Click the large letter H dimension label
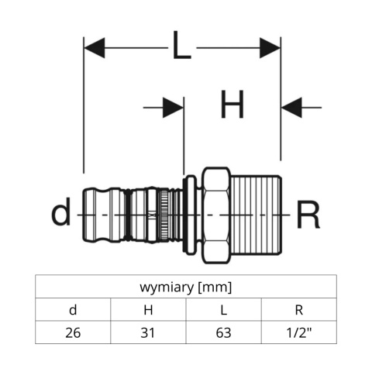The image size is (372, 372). (x=232, y=105)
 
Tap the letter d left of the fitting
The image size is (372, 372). (x=61, y=212)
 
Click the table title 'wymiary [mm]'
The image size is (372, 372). (x=186, y=287)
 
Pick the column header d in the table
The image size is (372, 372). (x=73, y=311)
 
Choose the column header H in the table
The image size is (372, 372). (x=149, y=311)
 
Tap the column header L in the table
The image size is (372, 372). (x=224, y=311)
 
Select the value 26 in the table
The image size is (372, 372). (x=73, y=334)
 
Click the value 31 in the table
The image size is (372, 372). (x=149, y=334)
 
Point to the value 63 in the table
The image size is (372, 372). (x=224, y=334)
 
